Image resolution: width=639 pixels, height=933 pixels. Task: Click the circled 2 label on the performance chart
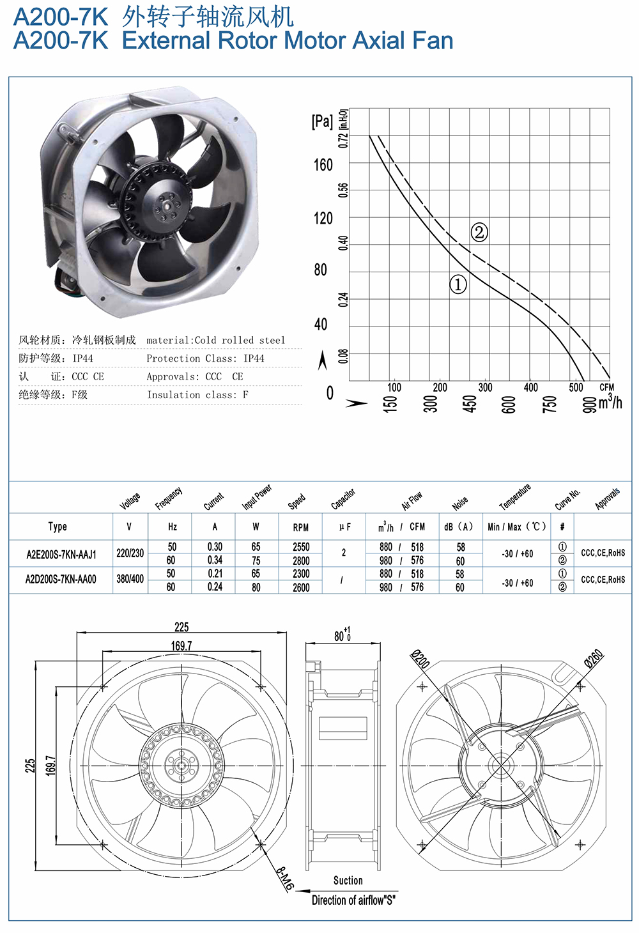click(x=479, y=232)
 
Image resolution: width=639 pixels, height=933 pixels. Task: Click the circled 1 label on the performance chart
click(x=458, y=285)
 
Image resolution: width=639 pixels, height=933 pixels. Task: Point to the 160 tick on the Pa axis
click(x=323, y=166)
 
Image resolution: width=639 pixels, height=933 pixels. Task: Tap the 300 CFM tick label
click(x=485, y=387)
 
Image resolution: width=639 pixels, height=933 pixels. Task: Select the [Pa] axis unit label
click(x=322, y=121)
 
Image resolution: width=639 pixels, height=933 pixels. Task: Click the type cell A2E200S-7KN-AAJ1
click(x=61, y=555)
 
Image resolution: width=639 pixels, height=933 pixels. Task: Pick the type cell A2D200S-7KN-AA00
click(x=61, y=580)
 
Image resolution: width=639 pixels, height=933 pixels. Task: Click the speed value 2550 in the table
click(x=301, y=547)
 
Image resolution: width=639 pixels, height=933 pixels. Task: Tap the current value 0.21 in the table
click(x=215, y=574)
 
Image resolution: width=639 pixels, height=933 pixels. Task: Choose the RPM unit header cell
click(x=301, y=527)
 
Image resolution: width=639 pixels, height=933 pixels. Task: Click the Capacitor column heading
click(x=343, y=498)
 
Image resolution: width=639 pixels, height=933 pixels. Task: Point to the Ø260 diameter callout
click(x=594, y=658)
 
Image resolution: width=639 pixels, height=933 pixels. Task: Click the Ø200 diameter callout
click(x=420, y=659)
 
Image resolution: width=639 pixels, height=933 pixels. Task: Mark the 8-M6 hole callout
click(x=286, y=879)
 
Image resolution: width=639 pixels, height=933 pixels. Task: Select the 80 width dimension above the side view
click(x=343, y=635)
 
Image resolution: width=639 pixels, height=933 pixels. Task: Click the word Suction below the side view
click(x=348, y=880)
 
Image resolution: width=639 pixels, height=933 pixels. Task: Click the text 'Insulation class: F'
click(x=197, y=394)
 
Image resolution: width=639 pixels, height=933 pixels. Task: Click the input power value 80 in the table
click(x=256, y=587)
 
